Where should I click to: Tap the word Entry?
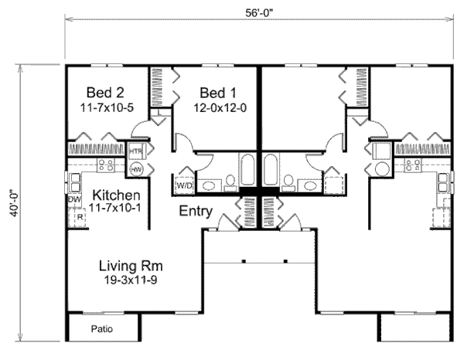coord(196,211)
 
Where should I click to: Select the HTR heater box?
coord(137,151)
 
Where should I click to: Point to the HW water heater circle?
coord(137,168)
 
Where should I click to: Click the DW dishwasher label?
coord(75,200)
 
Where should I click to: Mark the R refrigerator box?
coord(80,218)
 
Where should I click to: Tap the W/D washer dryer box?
coord(185,185)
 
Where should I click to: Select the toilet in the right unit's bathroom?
coord(288,183)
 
